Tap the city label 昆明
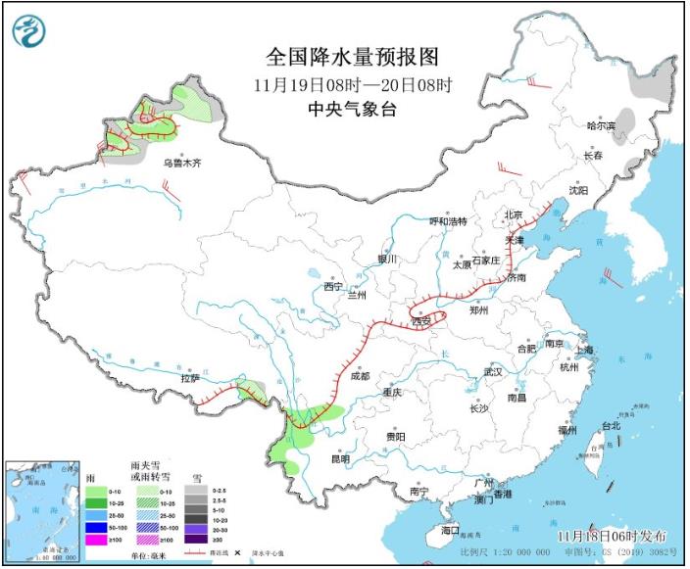340,457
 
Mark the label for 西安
422,320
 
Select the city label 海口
450,530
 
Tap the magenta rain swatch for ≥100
94,540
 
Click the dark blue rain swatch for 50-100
94,527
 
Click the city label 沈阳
579,191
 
